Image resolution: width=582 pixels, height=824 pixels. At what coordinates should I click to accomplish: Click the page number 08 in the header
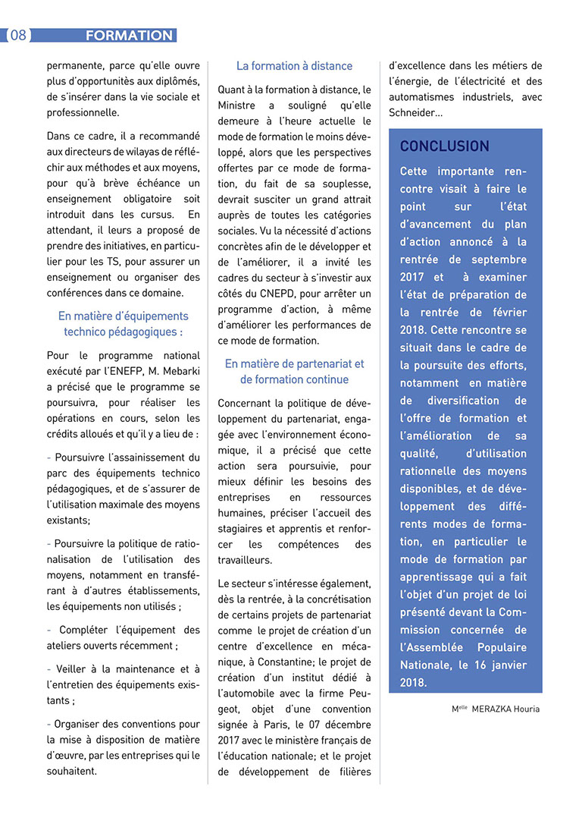pyautogui.click(x=17, y=36)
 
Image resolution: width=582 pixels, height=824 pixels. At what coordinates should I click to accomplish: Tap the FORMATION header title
pyautogui.click(x=129, y=36)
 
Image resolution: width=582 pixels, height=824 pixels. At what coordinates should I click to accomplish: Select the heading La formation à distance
pyautogui.click(x=294, y=66)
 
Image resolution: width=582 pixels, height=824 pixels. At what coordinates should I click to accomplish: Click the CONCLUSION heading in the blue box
pyautogui.click(x=445, y=146)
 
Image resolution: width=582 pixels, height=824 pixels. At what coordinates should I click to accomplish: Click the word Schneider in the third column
pyautogui.click(x=412, y=113)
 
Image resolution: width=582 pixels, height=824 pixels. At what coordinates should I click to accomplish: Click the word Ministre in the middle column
pyautogui.click(x=236, y=105)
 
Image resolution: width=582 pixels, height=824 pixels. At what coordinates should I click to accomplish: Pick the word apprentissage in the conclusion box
pyautogui.click(x=441, y=577)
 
